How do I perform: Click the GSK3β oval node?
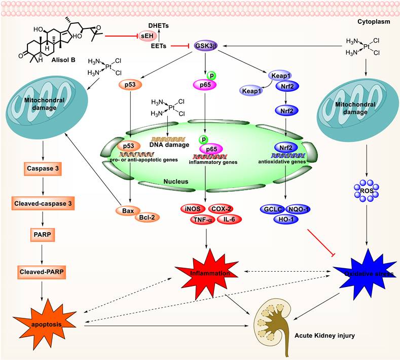206,46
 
